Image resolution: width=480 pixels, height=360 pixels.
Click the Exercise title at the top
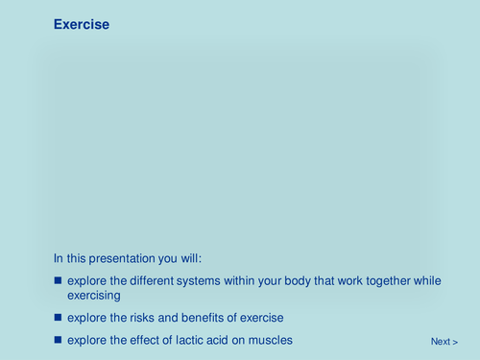[x=82, y=25]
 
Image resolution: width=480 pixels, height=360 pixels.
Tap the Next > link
[x=444, y=342]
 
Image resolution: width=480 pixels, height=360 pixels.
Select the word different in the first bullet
[x=149, y=280]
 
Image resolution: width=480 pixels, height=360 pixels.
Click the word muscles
[x=272, y=341]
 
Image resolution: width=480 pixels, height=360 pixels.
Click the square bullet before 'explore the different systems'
[x=58, y=280]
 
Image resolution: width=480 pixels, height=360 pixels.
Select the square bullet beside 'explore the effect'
[x=58, y=341]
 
